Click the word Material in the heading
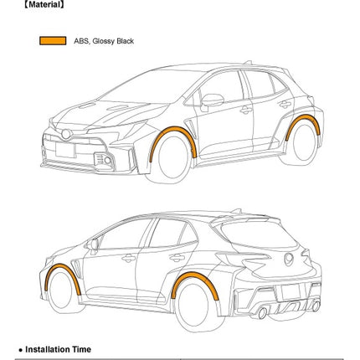click(44, 4)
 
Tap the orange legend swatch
click(53, 41)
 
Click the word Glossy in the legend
click(104, 41)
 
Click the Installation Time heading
click(58, 349)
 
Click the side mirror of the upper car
click(212, 100)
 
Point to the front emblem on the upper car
click(66, 134)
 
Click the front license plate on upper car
click(65, 150)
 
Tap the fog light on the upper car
click(107, 160)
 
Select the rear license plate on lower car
click(291, 292)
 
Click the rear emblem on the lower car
click(289, 260)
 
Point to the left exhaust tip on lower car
click(262, 313)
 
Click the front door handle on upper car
click(246, 111)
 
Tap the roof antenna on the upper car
click(248, 62)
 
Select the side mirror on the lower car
click(92, 244)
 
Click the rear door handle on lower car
click(177, 258)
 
